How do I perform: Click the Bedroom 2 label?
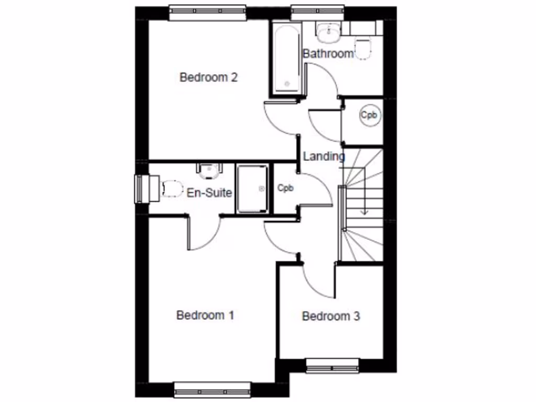tap(209, 77)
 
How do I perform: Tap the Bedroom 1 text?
tap(205, 315)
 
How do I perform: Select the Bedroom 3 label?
tap(331, 316)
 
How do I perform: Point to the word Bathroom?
tap(328, 53)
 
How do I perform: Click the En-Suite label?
tap(209, 193)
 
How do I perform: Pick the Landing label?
tap(324, 156)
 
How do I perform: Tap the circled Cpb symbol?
tap(370, 116)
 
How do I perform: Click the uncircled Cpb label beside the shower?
tap(285, 188)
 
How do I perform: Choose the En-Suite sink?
tap(209, 170)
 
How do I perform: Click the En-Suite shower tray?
tap(252, 188)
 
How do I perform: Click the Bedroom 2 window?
tap(208, 13)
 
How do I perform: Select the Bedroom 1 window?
tap(213, 389)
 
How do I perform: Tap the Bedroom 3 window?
tap(332, 365)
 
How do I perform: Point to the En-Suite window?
tap(140, 188)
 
